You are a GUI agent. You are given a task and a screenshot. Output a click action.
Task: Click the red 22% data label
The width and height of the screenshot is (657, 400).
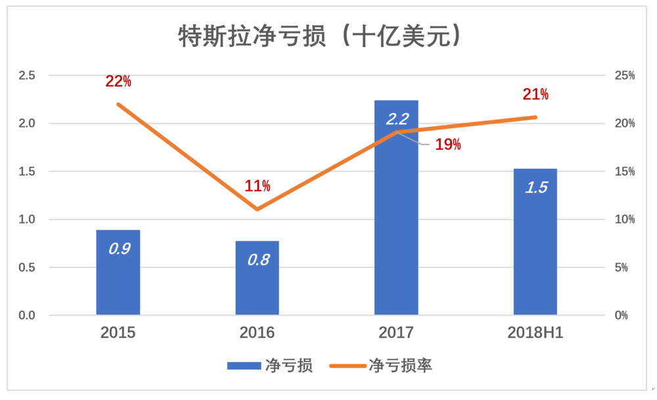(118, 82)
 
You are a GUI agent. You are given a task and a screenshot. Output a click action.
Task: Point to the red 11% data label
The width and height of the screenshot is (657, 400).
(258, 186)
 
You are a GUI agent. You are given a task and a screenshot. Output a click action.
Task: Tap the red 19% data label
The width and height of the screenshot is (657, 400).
(448, 145)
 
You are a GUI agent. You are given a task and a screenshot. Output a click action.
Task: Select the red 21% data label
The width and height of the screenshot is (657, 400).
(535, 94)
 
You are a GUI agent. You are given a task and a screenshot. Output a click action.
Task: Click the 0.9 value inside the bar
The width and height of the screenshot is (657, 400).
(118, 249)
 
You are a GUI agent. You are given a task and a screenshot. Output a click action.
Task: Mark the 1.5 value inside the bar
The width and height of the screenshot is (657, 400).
(535, 187)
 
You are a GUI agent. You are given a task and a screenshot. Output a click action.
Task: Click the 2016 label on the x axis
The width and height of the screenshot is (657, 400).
(258, 332)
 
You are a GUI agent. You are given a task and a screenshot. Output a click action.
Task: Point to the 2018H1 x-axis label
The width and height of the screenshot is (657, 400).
(535, 332)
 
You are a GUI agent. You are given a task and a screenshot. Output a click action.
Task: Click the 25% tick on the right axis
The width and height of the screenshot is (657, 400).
(623, 76)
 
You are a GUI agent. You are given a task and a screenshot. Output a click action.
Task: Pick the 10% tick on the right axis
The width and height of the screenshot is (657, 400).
(623, 220)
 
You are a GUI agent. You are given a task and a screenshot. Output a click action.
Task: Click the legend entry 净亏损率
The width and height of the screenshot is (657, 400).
(381, 366)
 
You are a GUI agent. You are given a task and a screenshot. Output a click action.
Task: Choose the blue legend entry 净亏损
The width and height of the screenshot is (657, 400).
(269, 366)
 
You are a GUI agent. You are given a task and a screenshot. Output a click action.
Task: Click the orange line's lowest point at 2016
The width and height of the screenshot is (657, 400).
(257, 209)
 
